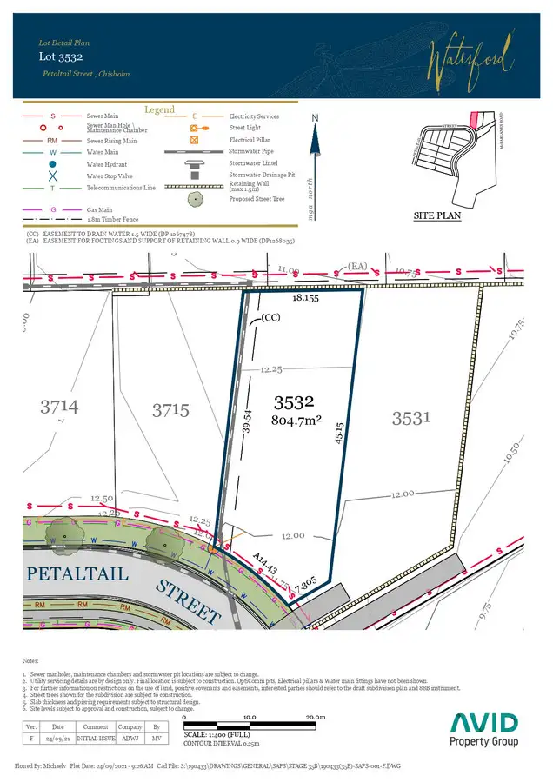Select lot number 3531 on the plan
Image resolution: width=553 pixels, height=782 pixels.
(x=410, y=419)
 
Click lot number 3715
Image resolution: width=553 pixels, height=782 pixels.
(x=170, y=410)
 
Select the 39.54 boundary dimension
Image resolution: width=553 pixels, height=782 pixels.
(x=247, y=423)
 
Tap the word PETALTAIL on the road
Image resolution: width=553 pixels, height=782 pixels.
(x=77, y=574)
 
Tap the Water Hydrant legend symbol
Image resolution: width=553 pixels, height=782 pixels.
(x=53, y=164)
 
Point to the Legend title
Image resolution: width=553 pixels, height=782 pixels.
(x=160, y=110)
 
